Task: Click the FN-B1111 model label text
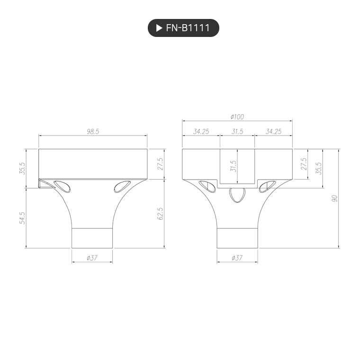click(x=188, y=28)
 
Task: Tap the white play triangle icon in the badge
click(x=159, y=28)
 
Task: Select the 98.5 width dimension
click(x=93, y=132)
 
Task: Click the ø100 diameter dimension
click(x=237, y=117)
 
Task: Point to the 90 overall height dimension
click(x=334, y=198)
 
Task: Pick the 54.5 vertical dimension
click(x=21, y=218)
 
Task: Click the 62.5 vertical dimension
click(x=160, y=214)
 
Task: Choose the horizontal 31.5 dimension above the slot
click(x=237, y=132)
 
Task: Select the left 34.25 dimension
click(x=201, y=132)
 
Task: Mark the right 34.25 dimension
click(x=273, y=132)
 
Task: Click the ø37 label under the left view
click(x=92, y=258)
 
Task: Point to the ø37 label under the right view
click(x=237, y=258)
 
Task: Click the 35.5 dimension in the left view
click(x=21, y=168)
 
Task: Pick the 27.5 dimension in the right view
click(x=304, y=164)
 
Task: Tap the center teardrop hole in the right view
click(x=237, y=195)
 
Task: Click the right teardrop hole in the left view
click(x=123, y=187)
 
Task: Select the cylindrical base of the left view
click(x=92, y=238)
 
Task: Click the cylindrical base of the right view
click(x=237, y=238)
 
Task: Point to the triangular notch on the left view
click(x=45, y=183)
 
